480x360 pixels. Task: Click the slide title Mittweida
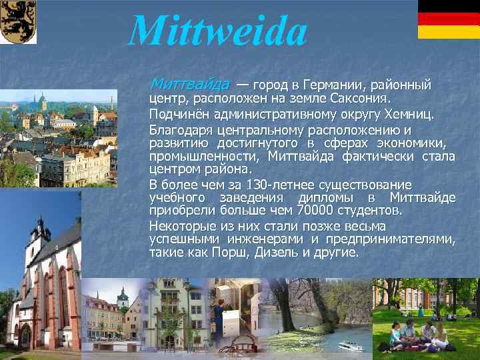[x=217, y=31]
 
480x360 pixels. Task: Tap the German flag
[x=448, y=19]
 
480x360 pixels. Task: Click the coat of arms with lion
[x=18, y=22]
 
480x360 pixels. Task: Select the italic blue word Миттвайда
[x=189, y=85]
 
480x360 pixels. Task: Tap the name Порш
[x=278, y=253]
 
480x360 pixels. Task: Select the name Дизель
[x=322, y=253]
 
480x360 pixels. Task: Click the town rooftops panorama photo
[x=57, y=140]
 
